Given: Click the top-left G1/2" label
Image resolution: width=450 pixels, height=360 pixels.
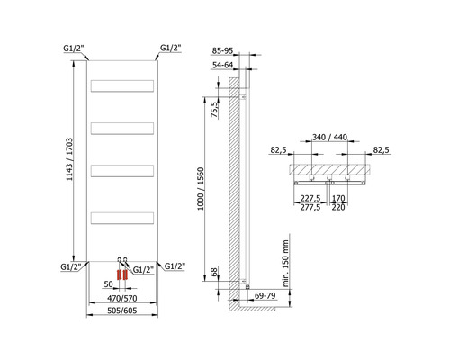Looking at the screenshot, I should (74, 47).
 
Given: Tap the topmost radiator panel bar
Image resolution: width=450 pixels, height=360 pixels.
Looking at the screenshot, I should (123, 85).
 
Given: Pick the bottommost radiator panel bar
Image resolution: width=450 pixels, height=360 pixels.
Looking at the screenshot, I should (123, 218).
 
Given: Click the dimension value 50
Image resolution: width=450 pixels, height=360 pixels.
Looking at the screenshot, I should (107, 284).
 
